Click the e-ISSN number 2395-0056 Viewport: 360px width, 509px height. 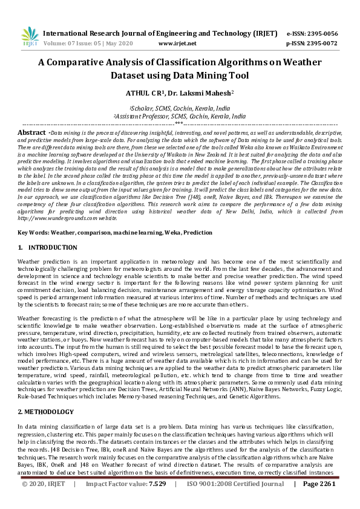point(321,33)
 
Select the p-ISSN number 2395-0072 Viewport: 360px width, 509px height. point(321,44)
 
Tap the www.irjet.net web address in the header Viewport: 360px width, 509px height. point(177,44)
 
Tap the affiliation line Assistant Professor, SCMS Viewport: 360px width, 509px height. point(180,115)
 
